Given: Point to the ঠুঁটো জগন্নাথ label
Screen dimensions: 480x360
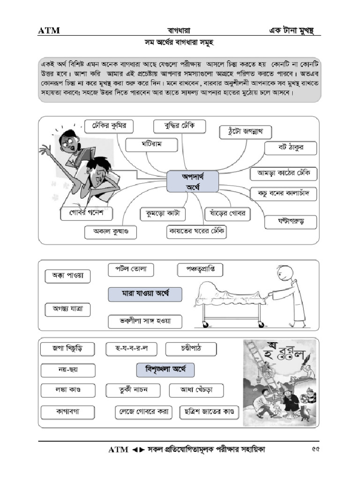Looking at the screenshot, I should tap(245, 132).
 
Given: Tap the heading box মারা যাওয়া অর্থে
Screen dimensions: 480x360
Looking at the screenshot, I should tap(145, 294).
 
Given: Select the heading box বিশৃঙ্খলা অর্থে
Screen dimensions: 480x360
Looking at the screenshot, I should tap(165, 370).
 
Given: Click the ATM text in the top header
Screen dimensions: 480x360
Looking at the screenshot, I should tap(49, 31).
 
